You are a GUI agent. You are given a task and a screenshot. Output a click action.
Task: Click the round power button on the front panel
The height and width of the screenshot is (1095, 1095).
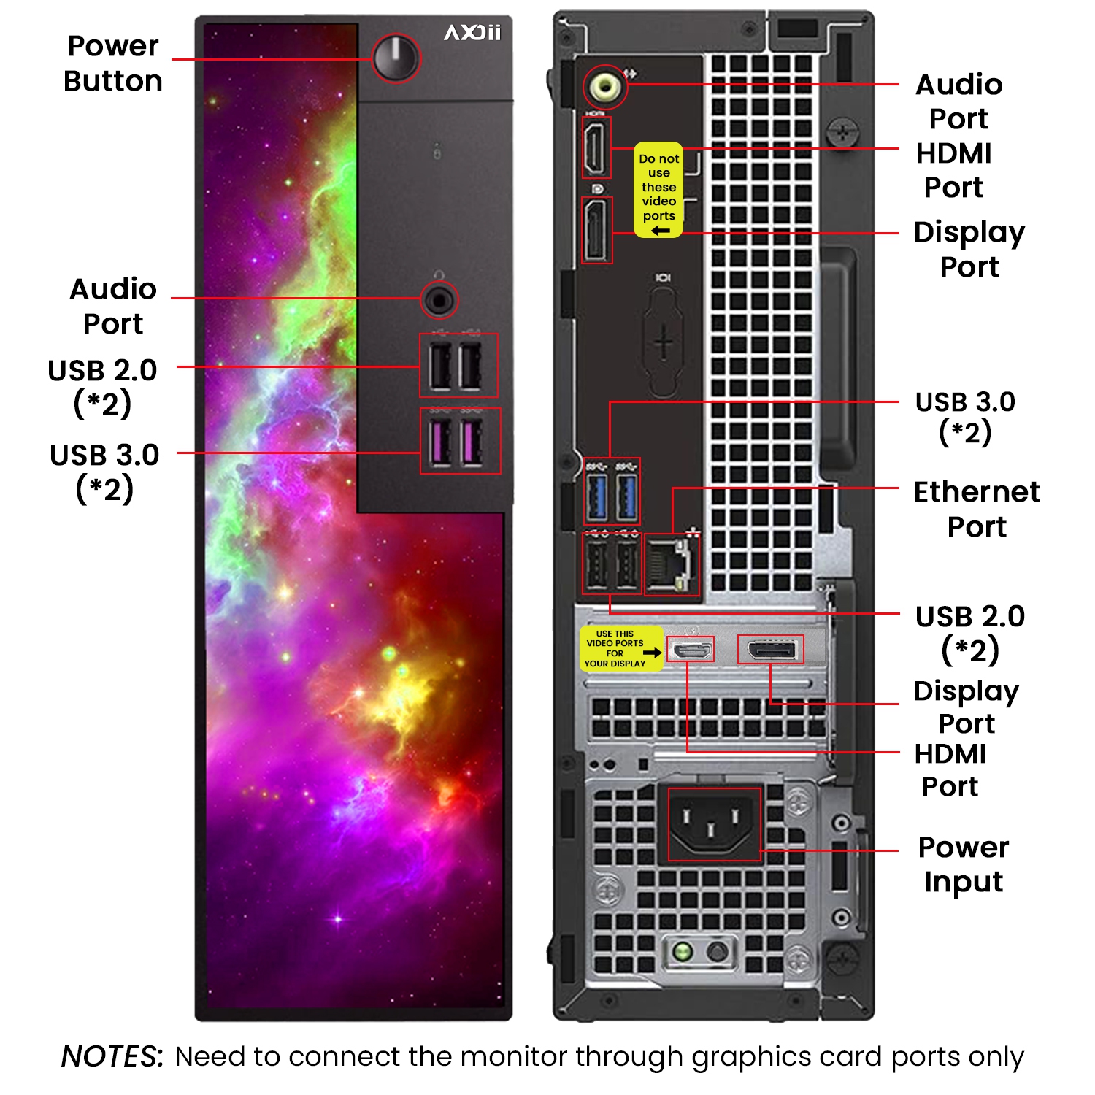click(x=396, y=58)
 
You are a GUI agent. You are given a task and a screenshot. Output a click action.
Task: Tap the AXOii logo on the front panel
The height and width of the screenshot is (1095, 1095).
click(x=472, y=33)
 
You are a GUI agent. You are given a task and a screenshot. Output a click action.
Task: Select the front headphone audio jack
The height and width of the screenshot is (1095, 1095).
click(x=439, y=299)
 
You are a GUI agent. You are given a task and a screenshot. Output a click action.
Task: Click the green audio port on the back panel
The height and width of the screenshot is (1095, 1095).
click(x=605, y=87)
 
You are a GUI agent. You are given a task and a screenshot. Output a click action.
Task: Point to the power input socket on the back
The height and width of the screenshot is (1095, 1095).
click(x=714, y=823)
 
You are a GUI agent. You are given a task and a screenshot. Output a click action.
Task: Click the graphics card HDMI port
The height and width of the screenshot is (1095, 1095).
click(x=690, y=649)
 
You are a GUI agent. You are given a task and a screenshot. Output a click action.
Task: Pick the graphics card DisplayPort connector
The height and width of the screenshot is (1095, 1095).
click(x=770, y=649)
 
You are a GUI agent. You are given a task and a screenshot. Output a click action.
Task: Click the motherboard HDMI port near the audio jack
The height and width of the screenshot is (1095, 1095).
click(x=596, y=147)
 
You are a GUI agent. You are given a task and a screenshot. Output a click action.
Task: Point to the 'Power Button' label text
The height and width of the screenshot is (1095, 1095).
click(x=113, y=64)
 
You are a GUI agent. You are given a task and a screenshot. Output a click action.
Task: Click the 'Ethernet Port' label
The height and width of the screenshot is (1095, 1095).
click(x=977, y=509)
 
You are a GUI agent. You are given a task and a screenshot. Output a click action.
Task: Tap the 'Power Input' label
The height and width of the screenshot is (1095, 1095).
click(x=964, y=864)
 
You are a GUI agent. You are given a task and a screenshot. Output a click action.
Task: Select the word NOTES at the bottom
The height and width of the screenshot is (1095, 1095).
click(x=112, y=1056)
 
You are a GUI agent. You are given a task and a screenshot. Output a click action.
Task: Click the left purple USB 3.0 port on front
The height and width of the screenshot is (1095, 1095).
click(x=440, y=442)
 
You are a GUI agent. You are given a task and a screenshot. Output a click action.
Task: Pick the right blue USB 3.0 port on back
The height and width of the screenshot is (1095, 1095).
click(x=627, y=496)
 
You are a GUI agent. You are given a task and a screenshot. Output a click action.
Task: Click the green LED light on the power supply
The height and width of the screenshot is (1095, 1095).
click(x=683, y=951)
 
